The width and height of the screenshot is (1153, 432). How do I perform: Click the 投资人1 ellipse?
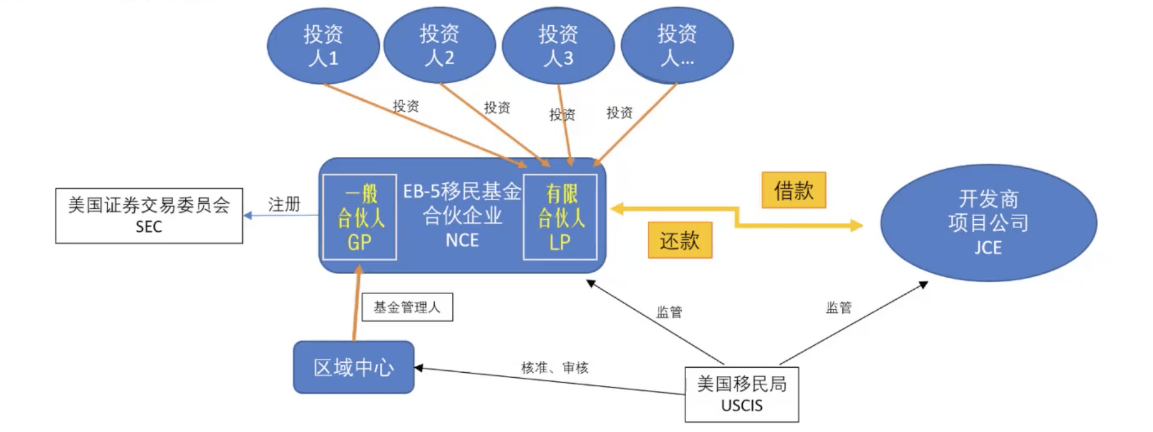[323, 46]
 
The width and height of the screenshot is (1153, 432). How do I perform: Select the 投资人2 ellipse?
[439, 45]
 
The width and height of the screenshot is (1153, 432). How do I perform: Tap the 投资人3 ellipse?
[558, 46]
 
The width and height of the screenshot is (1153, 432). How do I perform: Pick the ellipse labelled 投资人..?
[677, 46]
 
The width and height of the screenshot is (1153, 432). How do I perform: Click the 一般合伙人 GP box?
[359, 217]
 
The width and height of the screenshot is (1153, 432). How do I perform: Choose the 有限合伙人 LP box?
[560, 217]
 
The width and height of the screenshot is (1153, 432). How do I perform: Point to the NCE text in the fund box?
[462, 241]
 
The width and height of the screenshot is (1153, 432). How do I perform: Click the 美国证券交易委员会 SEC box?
[149, 215]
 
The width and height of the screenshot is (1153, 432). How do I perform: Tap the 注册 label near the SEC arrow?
[284, 204]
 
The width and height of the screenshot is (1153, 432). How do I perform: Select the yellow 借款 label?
[793, 190]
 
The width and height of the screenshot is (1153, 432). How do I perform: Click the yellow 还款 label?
[680, 240]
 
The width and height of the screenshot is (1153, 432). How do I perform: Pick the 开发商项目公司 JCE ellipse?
[988, 222]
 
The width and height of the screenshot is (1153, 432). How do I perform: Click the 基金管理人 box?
[407, 307]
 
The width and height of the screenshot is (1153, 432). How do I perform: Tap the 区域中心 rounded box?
[353, 367]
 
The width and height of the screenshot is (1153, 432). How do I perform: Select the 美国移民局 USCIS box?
[742, 394]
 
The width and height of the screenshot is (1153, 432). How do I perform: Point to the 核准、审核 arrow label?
[554, 367]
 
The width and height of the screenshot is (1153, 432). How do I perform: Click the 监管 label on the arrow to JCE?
[839, 307]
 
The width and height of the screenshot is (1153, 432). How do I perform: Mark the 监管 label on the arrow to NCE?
[669, 312]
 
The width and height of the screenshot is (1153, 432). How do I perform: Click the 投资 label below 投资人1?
[406, 106]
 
